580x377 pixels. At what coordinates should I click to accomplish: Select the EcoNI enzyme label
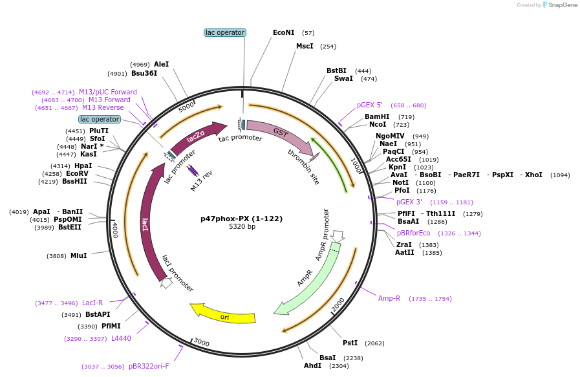[x=283, y=32]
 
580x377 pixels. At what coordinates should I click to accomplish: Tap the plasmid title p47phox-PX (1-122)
[x=241, y=219]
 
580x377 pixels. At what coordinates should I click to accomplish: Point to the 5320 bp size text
[x=242, y=227]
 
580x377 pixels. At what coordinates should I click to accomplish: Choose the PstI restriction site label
[x=350, y=343]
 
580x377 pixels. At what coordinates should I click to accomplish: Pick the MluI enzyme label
[x=78, y=256]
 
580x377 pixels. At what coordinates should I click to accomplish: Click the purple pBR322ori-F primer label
[x=149, y=366]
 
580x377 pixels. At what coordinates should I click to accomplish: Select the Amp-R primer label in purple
[x=389, y=298]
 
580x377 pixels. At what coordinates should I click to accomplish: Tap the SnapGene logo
[x=559, y=5]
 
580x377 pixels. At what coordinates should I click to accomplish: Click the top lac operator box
[x=224, y=32]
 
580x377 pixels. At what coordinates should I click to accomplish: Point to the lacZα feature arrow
[x=197, y=137]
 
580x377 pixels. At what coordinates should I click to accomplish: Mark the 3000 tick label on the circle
[x=201, y=343]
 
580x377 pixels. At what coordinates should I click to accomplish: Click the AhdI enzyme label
[x=312, y=366]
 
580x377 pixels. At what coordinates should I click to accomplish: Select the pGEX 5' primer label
[x=370, y=105]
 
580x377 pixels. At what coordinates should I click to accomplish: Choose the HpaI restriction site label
[x=83, y=166]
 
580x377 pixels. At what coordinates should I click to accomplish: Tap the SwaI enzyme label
[x=343, y=78]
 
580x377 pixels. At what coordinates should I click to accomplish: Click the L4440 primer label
[x=121, y=338]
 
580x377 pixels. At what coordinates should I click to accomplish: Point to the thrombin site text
[x=304, y=166]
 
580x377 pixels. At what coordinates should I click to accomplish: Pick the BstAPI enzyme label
[x=98, y=314]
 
